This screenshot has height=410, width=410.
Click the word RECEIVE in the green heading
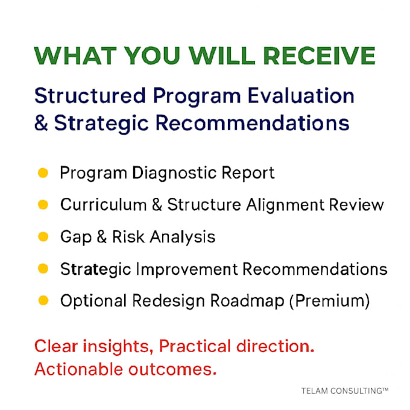click(x=319, y=55)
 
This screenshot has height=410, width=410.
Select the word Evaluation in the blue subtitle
click(x=301, y=96)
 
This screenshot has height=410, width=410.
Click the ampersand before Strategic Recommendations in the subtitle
click(x=42, y=123)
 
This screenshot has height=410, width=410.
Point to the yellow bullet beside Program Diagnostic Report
click(x=43, y=173)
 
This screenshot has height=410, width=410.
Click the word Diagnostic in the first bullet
click(x=174, y=173)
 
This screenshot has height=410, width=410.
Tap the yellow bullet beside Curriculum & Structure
click(x=43, y=205)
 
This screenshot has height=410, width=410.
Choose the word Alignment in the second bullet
click(x=285, y=205)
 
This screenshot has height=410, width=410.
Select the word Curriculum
click(x=104, y=204)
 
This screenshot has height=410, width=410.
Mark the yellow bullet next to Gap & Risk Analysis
click(x=43, y=236)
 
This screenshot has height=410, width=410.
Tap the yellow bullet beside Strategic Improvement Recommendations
click(x=43, y=268)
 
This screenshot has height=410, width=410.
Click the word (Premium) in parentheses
click(x=330, y=301)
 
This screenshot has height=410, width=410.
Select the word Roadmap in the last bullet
click(x=247, y=301)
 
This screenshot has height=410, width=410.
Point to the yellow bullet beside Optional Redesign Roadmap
click(x=43, y=300)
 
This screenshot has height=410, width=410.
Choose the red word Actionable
click(x=79, y=369)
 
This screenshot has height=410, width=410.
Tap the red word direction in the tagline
click(x=276, y=346)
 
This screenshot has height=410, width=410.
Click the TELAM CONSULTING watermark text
click(x=345, y=391)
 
